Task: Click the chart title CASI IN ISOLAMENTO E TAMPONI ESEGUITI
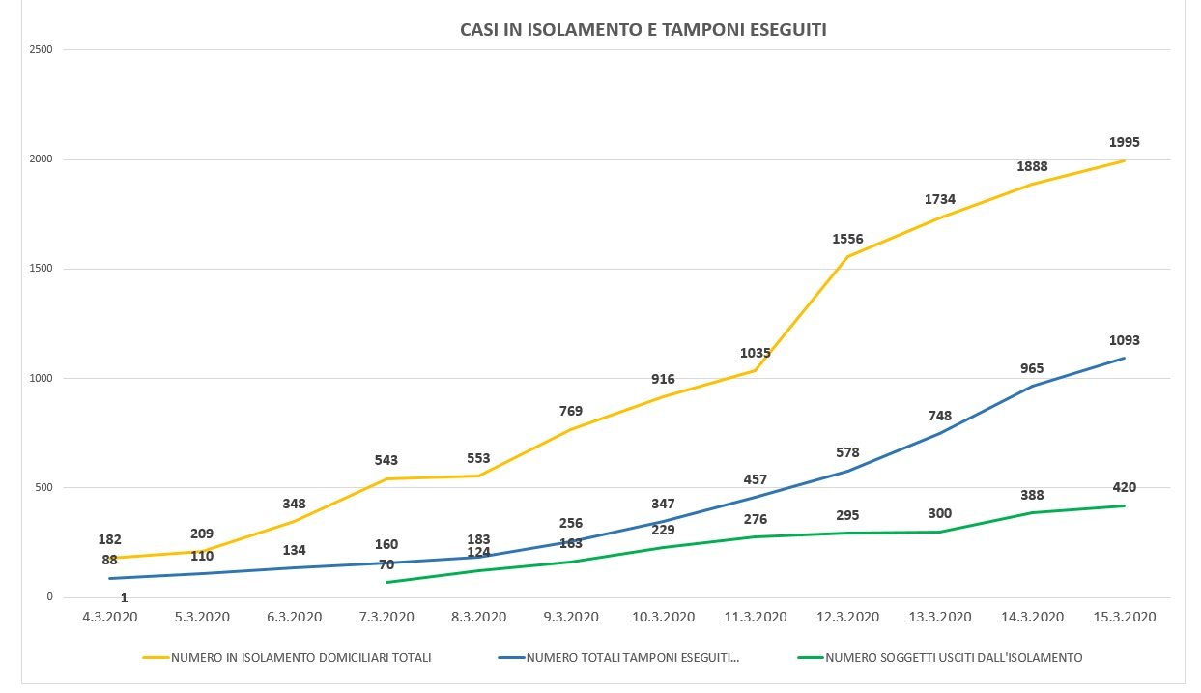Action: pyautogui.click(x=643, y=30)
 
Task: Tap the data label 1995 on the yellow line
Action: pyautogui.click(x=1124, y=142)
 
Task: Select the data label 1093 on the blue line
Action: pyautogui.click(x=1124, y=340)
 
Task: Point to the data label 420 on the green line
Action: pyautogui.click(x=1124, y=487)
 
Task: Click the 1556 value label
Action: pyautogui.click(x=847, y=239)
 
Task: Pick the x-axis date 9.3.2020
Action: pyautogui.click(x=571, y=617)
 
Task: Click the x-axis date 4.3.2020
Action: pyautogui.click(x=109, y=617)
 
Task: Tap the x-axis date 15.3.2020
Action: pyautogui.click(x=1124, y=617)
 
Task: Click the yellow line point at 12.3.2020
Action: pyautogui.click(x=847, y=256)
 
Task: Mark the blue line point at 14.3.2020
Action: pyautogui.click(x=1032, y=387)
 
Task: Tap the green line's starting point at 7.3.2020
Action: pyautogui.click(x=386, y=582)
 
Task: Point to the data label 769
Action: pyautogui.click(x=571, y=411)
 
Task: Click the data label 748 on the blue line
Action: pyautogui.click(x=939, y=416)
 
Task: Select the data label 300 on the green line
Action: pyautogui.click(x=939, y=513)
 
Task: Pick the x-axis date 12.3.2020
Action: pyautogui.click(x=847, y=617)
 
